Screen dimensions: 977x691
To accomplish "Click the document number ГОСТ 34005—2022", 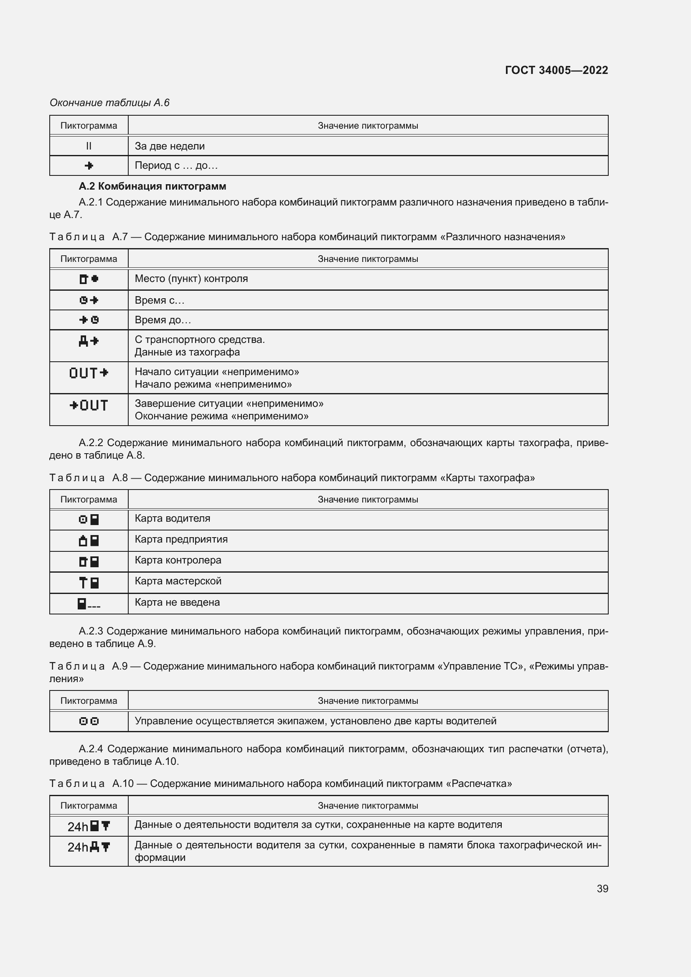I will coord(556,70).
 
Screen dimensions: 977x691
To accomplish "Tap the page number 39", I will coord(602,888).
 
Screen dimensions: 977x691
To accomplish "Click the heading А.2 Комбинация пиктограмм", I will coord(152,186).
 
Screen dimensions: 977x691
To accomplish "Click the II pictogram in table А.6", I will coord(89,146).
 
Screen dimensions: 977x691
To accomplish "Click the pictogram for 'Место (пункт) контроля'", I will coord(89,279).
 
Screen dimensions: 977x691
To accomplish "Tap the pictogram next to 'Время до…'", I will coord(89,320).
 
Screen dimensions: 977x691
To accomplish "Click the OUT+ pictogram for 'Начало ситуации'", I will coord(89,373).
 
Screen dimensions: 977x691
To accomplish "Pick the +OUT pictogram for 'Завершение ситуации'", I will coord(89,405).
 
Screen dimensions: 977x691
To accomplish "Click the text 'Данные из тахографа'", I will coord(187,353).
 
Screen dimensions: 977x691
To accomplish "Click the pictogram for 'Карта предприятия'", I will coord(89,541).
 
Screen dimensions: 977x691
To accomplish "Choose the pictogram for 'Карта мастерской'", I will coord(89,583).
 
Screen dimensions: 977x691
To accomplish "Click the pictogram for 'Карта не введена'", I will coord(89,604).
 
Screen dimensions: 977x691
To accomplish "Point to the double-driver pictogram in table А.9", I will coord(89,721).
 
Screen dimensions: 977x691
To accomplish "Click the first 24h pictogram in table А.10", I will coord(89,826).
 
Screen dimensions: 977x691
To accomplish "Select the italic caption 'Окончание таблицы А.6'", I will coord(109,103).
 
